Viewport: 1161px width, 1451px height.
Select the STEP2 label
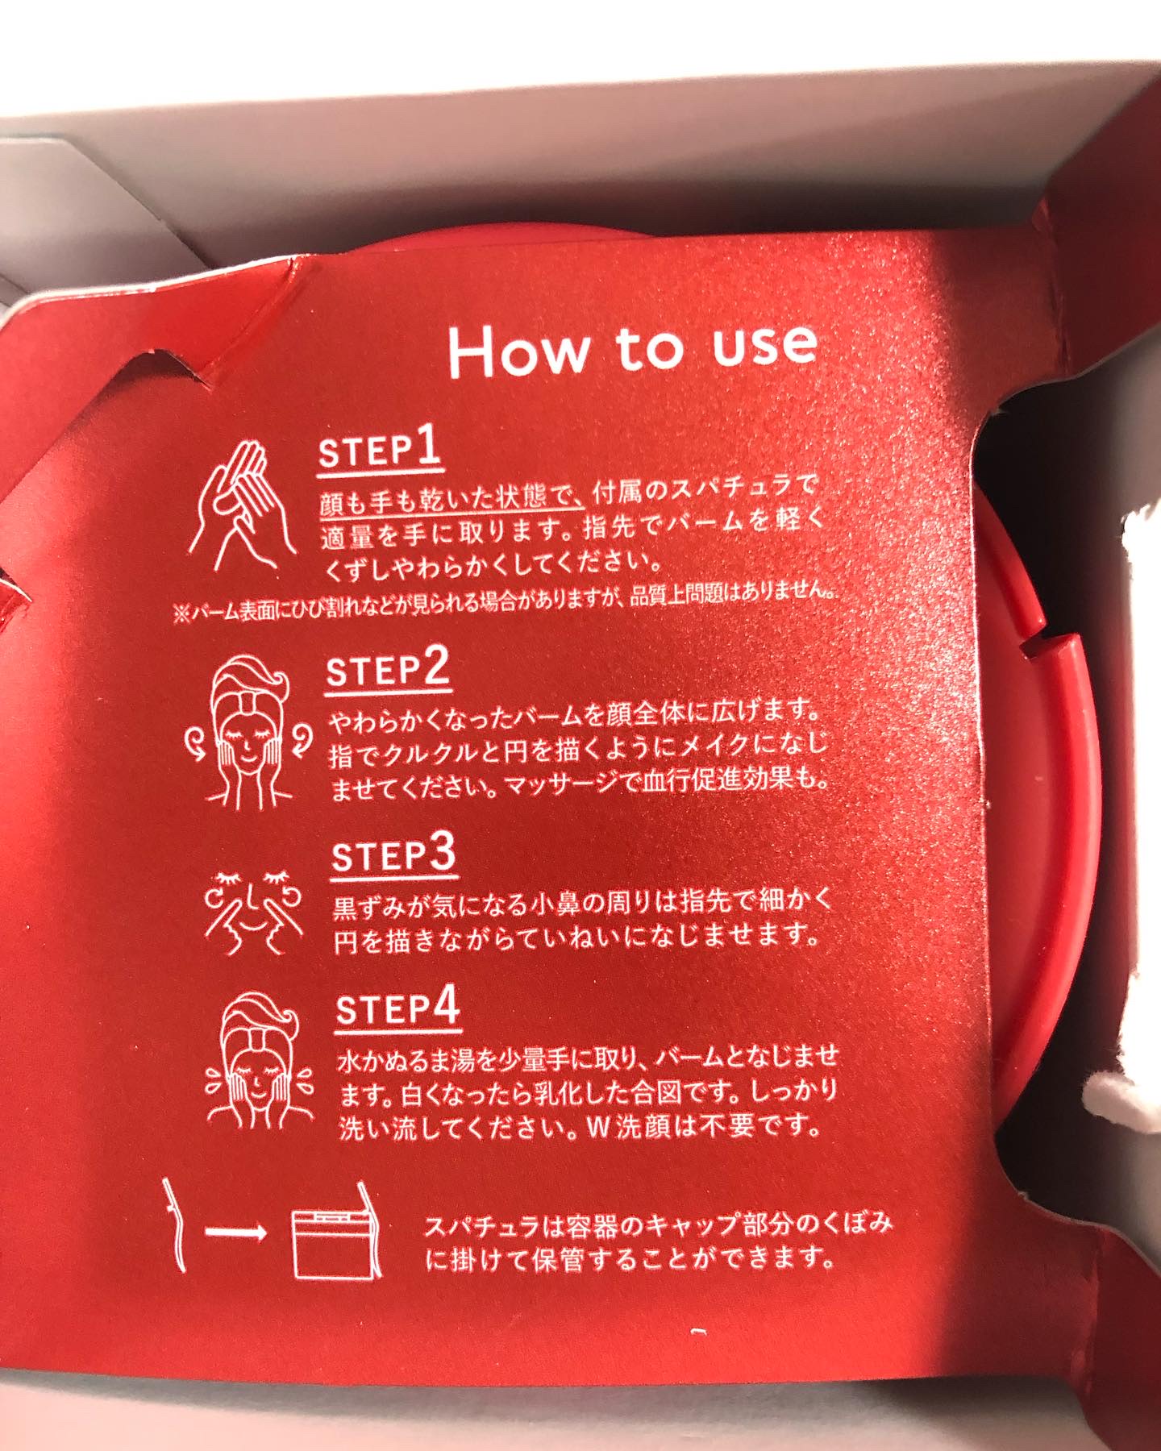click(387, 669)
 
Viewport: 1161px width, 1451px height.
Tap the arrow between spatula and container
click(236, 1234)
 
